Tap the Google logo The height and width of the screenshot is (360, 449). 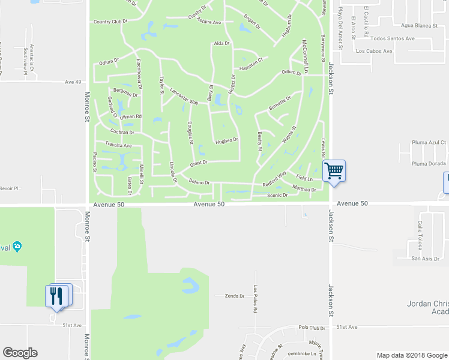coord(20,353)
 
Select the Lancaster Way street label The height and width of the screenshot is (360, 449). coord(184,97)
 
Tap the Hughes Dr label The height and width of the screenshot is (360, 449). coord(227,140)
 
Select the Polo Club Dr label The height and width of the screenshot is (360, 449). coord(311,328)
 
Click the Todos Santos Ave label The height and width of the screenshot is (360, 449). coord(393,38)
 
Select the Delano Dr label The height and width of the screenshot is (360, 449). coord(199,182)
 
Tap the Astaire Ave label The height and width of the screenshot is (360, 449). coord(209,22)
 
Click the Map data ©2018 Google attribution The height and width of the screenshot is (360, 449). coord(412,355)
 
